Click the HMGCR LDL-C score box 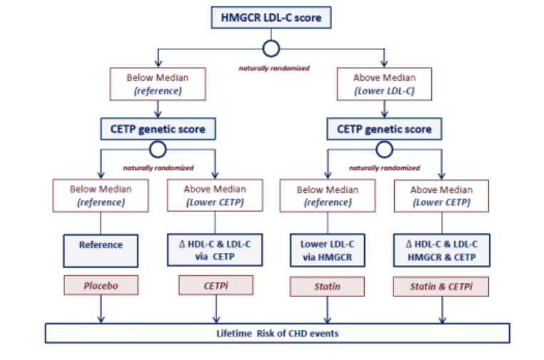pos(271,17)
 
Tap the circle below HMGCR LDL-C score pos(271,41)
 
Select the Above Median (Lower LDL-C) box pos(384,84)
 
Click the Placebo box pos(101,286)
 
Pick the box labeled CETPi pos(216,286)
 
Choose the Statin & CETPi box pos(441,286)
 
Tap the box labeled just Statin pos(327,286)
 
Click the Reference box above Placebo pos(101,251)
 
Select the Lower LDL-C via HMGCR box pos(328,250)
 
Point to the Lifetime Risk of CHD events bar pos(277,334)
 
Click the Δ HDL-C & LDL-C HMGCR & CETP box pos(442,250)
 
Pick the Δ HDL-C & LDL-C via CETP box pos(215,250)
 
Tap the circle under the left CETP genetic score pos(158,141)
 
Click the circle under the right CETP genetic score pos(384,141)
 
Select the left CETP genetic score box pos(158,129)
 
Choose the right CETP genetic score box pos(384,129)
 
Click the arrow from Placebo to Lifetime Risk pos(101,309)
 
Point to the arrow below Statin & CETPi pos(442,310)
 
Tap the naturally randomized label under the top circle pos(274,68)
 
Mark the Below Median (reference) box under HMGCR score pos(158,84)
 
